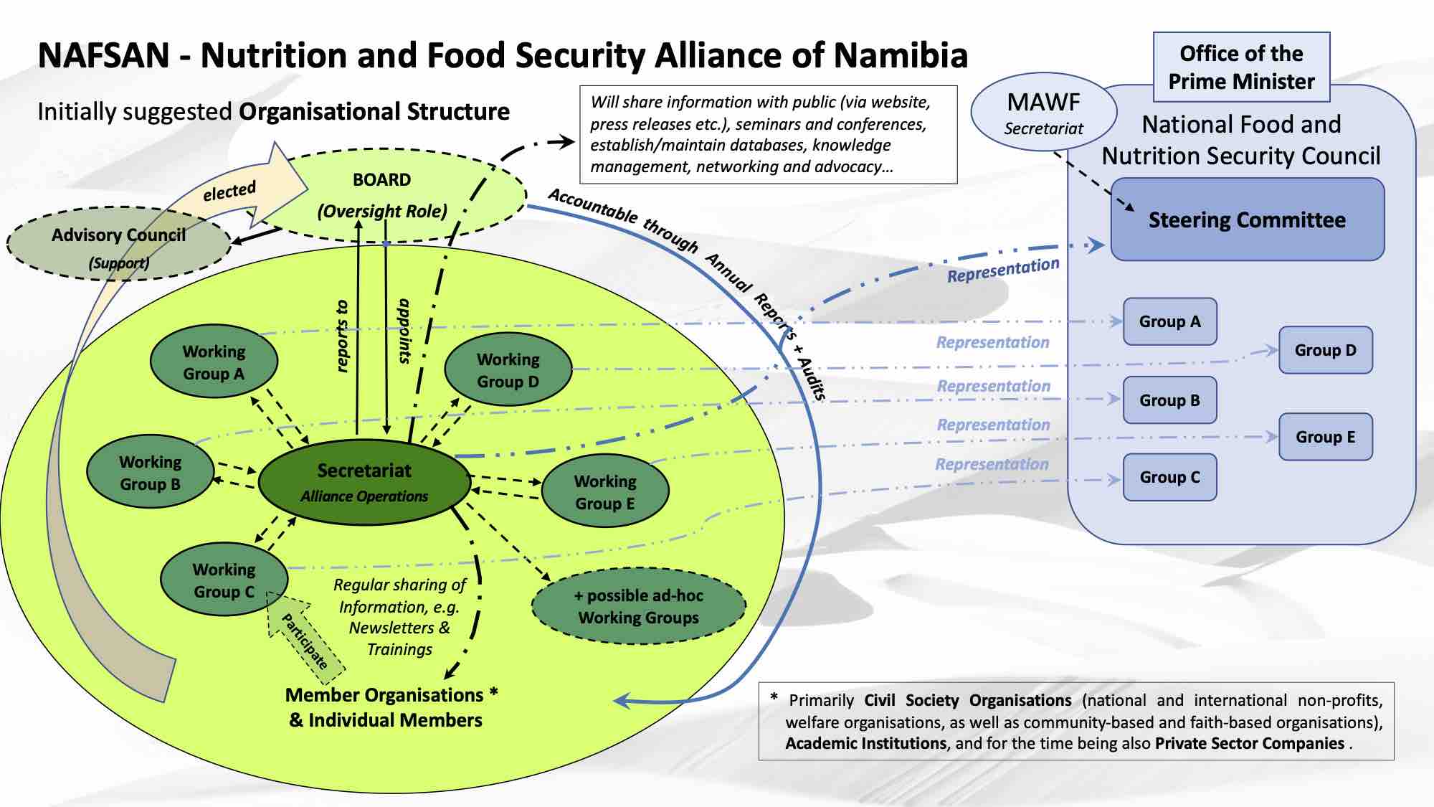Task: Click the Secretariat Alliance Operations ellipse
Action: [x=364, y=482]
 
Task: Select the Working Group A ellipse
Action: [x=214, y=362]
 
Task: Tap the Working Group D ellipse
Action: [x=508, y=370]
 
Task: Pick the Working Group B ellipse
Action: [x=150, y=473]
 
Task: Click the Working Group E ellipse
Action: [x=605, y=492]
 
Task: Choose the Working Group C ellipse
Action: [x=224, y=580]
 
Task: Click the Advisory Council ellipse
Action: [x=118, y=245]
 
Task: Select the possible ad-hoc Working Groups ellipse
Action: [x=638, y=607]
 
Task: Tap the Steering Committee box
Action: [x=1247, y=220]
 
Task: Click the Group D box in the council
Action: [x=1325, y=350]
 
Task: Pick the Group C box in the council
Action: [x=1169, y=477]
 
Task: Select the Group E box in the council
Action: [x=1325, y=437]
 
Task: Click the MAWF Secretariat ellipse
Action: [x=1043, y=113]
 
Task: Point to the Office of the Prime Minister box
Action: [x=1241, y=67]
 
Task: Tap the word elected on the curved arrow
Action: [x=229, y=192]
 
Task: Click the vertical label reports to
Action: [x=343, y=336]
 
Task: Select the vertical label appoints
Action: [x=404, y=331]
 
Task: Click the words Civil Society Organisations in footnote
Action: [x=967, y=700]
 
